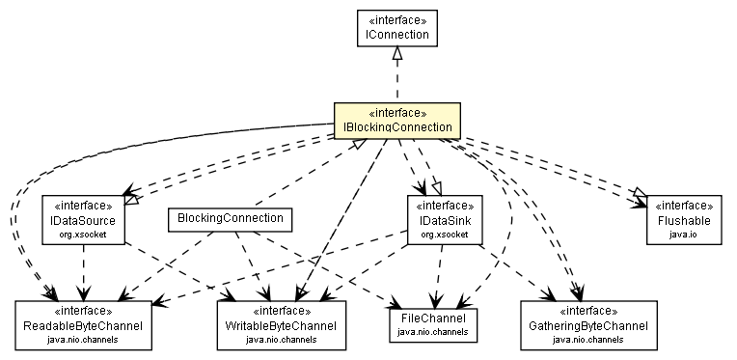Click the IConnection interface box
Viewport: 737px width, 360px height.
[396, 28]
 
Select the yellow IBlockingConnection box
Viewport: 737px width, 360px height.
[396, 121]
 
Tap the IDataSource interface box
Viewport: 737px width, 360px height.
[83, 220]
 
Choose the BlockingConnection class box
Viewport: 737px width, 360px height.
[230, 219]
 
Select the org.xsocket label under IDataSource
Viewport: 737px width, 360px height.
[83, 235]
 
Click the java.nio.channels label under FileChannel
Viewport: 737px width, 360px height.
[432, 332]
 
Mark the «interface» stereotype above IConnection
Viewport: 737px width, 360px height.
[396, 20]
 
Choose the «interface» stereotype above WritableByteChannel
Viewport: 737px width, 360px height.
[277, 312]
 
